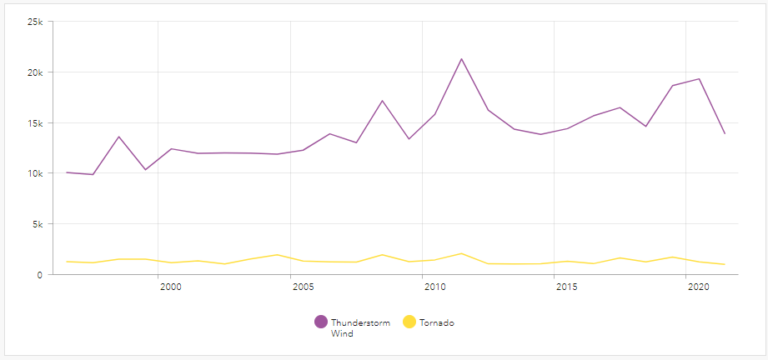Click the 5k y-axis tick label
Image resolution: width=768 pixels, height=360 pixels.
(37, 224)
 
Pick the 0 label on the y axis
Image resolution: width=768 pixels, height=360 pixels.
(40, 275)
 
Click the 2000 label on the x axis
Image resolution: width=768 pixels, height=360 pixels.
(170, 287)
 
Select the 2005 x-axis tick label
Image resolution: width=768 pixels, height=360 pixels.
(303, 287)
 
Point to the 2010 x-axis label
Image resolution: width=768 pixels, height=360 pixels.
(434, 287)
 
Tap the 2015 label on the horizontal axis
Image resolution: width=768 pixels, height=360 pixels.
(566, 287)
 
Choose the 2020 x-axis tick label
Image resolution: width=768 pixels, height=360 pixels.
(698, 287)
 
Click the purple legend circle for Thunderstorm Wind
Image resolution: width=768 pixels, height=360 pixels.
(321, 322)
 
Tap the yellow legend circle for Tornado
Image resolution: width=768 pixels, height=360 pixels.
(409, 322)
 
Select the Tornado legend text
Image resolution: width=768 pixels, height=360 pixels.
(437, 322)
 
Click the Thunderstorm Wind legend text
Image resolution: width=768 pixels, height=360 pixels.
(359, 327)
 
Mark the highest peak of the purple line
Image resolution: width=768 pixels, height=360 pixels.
(461, 59)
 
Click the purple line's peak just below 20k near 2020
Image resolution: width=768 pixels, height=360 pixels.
(699, 79)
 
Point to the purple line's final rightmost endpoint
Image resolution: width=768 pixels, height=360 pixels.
(725, 133)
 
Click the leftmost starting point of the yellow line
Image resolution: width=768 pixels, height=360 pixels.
(67, 262)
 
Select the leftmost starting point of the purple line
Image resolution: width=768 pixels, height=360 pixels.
(67, 172)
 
